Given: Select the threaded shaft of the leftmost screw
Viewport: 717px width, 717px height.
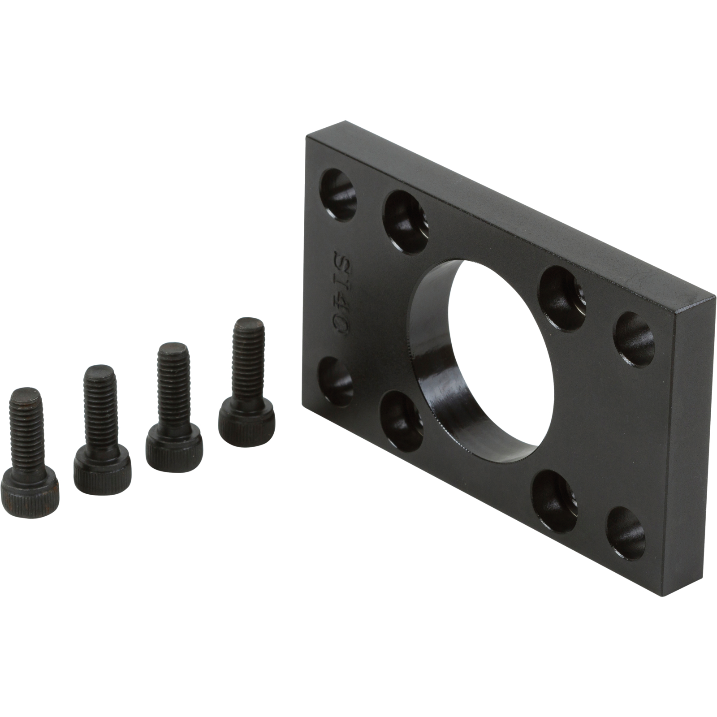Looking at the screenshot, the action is tap(26, 428).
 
